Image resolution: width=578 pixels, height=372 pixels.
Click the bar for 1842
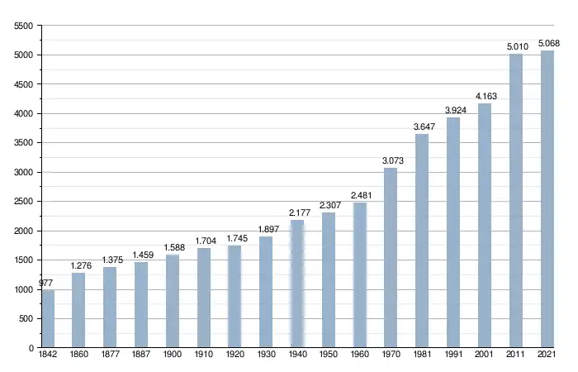pyautogui.click(x=47, y=319)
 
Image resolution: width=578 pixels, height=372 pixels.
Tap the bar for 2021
pyautogui.click(x=547, y=199)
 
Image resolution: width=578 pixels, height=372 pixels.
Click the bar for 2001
pyautogui.click(x=484, y=226)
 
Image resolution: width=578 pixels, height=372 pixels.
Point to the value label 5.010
pyautogui.click(x=515, y=47)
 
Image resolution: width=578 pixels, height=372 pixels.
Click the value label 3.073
pyautogui.click(x=391, y=160)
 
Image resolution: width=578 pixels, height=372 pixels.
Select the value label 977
pyautogui.click(x=45, y=284)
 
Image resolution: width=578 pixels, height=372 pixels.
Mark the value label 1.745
pyautogui.click(x=235, y=239)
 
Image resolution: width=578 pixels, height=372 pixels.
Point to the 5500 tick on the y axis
pyautogui.click(x=23, y=26)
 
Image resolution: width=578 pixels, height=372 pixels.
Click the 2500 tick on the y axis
pyautogui.click(x=23, y=202)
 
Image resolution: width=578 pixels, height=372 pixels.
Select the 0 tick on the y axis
pyautogui.click(x=30, y=348)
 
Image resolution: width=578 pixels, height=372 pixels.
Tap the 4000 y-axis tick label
pyautogui.click(x=23, y=114)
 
